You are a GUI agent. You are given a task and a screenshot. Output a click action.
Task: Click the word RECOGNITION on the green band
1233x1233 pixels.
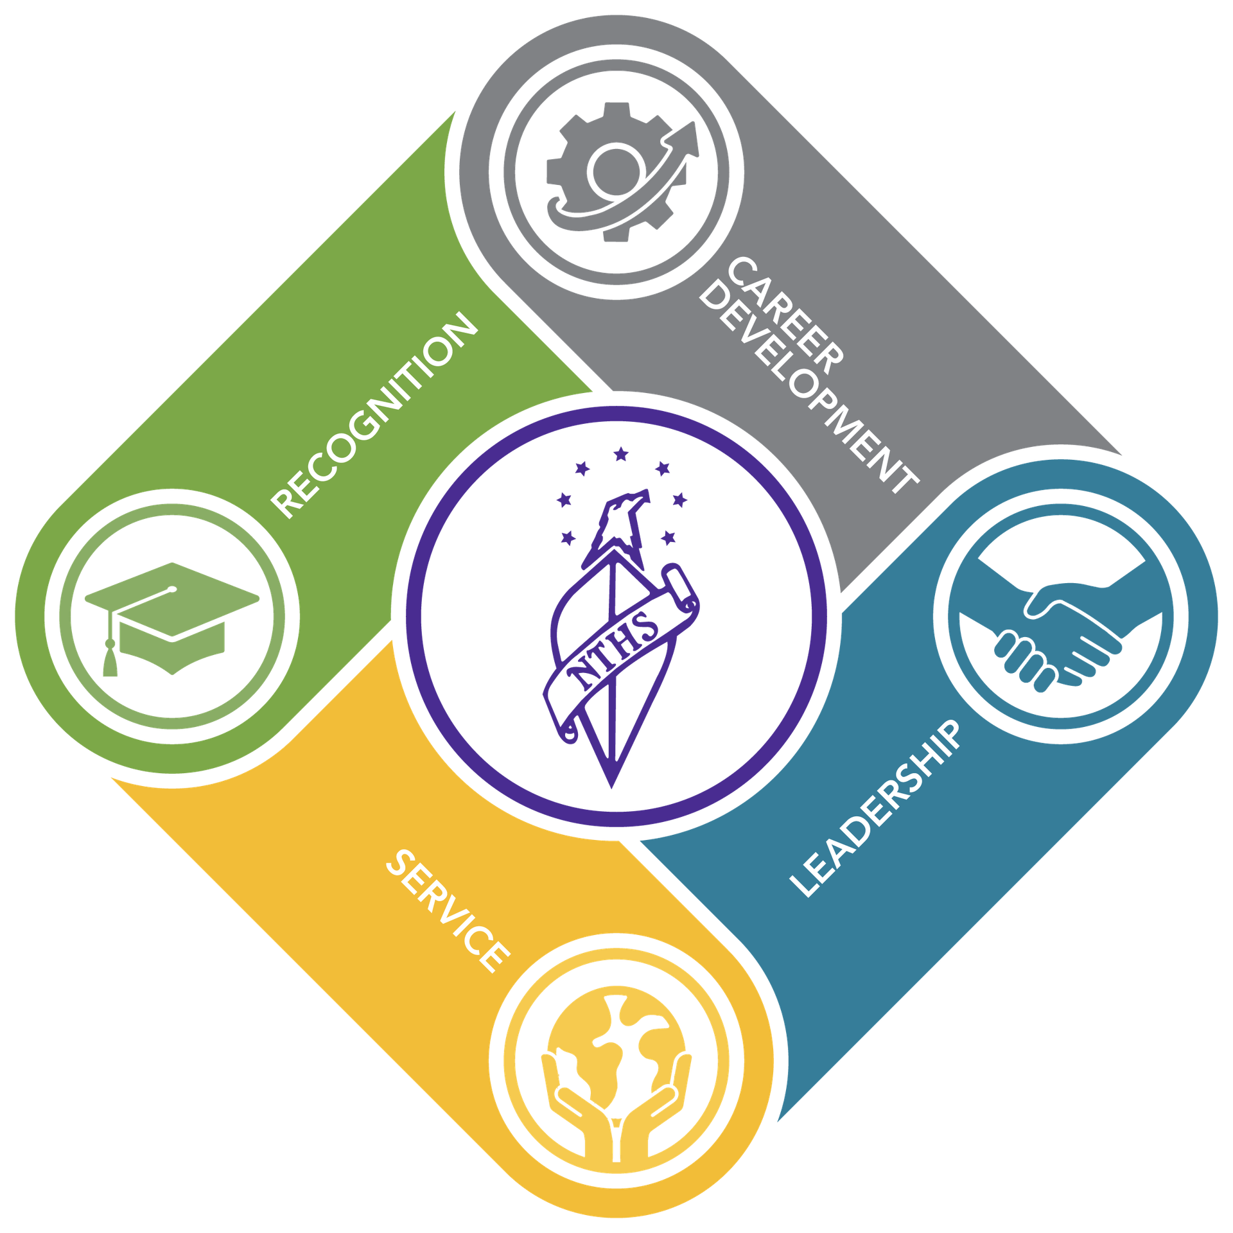(374, 415)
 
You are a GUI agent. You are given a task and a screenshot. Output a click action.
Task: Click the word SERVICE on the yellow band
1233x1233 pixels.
(448, 911)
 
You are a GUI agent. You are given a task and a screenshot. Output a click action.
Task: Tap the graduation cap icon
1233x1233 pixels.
(172, 619)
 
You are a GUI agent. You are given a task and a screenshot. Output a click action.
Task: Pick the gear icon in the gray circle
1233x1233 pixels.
(616, 172)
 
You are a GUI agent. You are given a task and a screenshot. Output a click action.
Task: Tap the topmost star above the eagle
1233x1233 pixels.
(620, 454)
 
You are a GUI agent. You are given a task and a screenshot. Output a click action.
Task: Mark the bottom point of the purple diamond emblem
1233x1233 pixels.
(612, 789)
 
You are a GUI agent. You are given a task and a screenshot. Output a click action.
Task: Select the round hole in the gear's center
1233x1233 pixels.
(616, 171)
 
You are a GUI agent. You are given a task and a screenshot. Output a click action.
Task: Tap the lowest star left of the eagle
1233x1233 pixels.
(568, 538)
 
